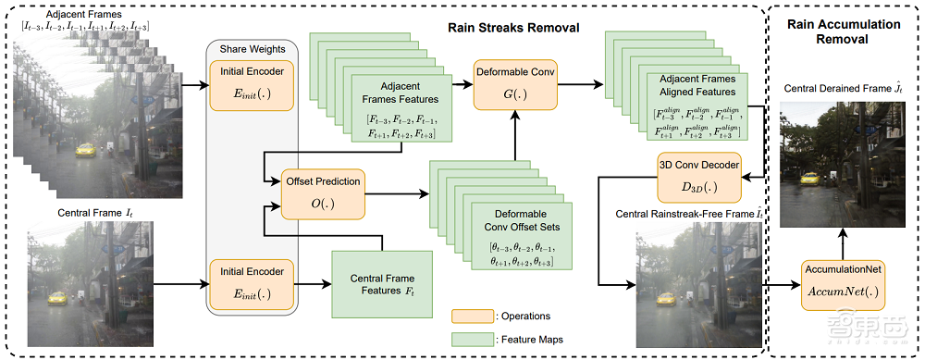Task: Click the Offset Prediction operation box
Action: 323,192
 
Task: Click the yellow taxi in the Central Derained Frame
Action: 811,179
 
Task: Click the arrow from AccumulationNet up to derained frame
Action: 843,244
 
